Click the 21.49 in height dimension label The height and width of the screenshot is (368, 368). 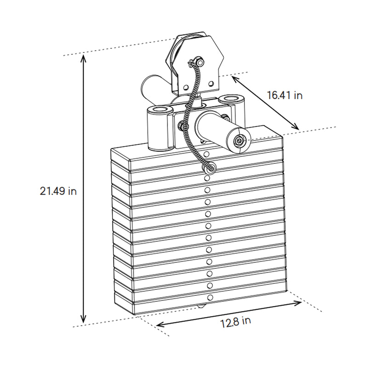click(57, 191)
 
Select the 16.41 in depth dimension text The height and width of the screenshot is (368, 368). click(285, 95)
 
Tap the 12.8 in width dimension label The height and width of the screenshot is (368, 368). click(235, 321)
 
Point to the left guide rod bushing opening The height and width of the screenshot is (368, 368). click(159, 109)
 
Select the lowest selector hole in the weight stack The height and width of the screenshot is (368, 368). click(210, 297)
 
